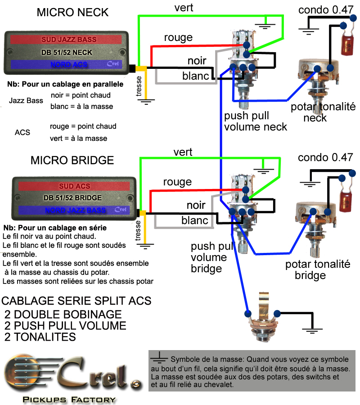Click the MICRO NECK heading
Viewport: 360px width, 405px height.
point(72,13)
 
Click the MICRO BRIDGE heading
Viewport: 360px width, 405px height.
point(72,160)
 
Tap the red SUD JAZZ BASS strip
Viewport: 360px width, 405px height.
point(66,40)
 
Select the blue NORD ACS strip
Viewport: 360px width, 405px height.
point(66,64)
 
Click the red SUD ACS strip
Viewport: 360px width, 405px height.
point(74,186)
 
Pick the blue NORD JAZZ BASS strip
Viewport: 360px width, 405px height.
point(74,210)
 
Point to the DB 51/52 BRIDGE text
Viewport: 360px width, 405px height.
point(72,198)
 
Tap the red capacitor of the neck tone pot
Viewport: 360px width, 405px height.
point(347,45)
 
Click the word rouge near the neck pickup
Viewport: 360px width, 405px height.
point(178,38)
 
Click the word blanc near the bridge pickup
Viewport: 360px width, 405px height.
point(194,220)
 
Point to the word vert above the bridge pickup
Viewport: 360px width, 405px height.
point(183,152)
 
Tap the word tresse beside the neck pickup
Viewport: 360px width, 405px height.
point(139,86)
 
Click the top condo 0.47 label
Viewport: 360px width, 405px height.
point(326,10)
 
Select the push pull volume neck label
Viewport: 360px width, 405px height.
point(256,121)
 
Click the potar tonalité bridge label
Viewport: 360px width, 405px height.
point(318,270)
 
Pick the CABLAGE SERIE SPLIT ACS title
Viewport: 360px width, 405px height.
point(76,301)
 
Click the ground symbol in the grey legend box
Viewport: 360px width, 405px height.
point(159,357)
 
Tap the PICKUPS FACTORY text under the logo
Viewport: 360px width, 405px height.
point(69,400)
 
